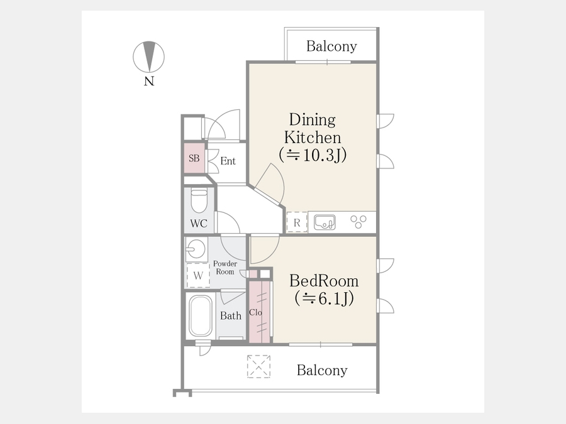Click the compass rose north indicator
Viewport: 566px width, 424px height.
[x=148, y=57]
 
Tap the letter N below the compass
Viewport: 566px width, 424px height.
[x=149, y=81]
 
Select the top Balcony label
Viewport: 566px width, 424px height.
[x=331, y=46]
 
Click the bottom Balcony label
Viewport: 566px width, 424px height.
[x=322, y=370]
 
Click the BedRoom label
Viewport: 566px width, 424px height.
[x=324, y=281]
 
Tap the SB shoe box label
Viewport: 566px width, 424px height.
[x=194, y=158]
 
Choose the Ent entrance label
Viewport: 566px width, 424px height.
[x=228, y=161]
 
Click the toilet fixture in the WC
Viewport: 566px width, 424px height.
[x=199, y=200]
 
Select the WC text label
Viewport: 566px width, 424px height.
[x=199, y=224]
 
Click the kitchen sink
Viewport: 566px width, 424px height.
[x=325, y=222]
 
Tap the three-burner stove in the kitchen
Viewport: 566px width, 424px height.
[x=358, y=221]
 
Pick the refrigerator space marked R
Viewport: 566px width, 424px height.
[x=297, y=222]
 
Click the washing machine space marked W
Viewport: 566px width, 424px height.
[x=198, y=276]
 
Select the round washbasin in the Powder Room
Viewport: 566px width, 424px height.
[x=196, y=249]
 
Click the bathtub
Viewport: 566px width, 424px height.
[x=201, y=316]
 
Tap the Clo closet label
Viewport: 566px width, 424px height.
[x=255, y=312]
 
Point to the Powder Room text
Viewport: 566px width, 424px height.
[x=225, y=268]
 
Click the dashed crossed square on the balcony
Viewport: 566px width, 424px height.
[x=259, y=366]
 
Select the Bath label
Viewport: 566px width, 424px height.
[x=231, y=316]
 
